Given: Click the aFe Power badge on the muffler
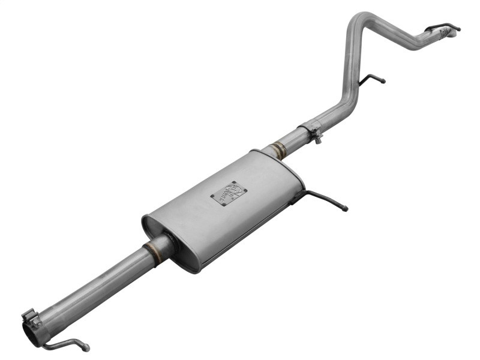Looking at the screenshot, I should click(229, 193).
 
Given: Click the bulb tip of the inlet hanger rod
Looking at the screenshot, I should click(86, 347).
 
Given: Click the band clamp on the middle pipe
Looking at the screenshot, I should click(310, 130).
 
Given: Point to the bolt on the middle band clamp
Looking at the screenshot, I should click(317, 139).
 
